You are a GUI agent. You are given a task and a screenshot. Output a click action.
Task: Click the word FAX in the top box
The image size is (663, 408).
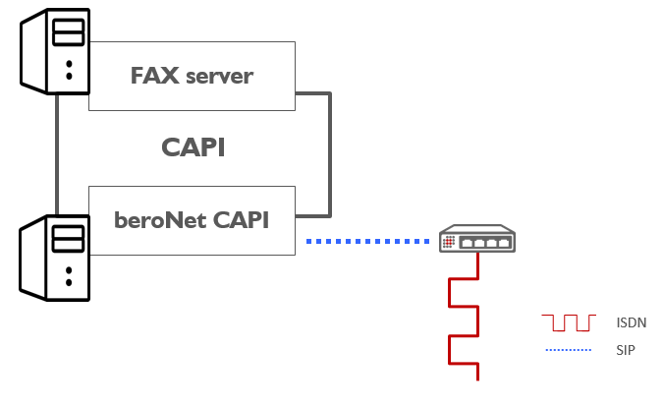pyautogui.click(x=152, y=76)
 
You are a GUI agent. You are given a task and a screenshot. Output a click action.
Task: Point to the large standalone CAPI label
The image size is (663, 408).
pyautogui.click(x=193, y=147)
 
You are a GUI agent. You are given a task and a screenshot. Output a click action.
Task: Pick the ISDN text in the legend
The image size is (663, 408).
pyautogui.click(x=632, y=322)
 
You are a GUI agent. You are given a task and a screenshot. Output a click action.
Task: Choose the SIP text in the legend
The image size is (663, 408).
pyautogui.click(x=626, y=349)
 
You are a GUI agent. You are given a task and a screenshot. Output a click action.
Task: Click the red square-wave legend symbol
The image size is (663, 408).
pyautogui.click(x=569, y=322)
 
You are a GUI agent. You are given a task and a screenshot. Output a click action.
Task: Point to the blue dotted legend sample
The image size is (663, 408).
pyautogui.click(x=569, y=350)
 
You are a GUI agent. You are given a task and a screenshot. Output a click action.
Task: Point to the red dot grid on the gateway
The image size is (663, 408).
pyautogui.click(x=449, y=241)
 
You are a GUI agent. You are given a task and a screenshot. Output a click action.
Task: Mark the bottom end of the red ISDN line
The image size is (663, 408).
pyautogui.click(x=477, y=377)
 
